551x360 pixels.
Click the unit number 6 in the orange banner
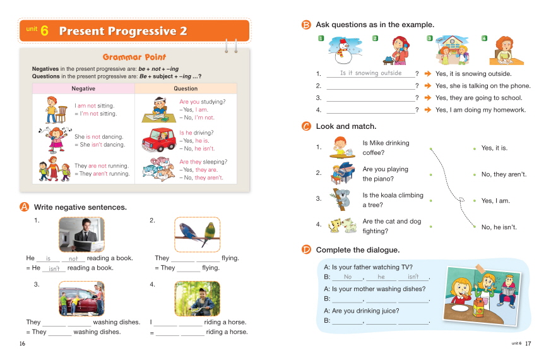pos(44,31)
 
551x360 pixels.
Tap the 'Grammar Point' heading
pos(134,57)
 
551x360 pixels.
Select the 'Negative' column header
pos(83,88)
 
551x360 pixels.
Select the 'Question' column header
pos(186,88)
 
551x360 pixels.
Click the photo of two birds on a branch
pos(196,234)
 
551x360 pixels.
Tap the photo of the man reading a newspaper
pos(81,234)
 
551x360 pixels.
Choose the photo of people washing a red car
pos(81,298)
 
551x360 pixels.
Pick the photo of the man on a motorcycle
pos(196,298)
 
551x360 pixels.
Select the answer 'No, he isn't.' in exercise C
pos(499,227)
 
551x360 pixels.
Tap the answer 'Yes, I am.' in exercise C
pos(495,201)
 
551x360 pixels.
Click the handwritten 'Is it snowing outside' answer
pos(370,73)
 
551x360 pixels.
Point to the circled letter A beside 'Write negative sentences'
pos(25,207)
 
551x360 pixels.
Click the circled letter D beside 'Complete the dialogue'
pos(307,249)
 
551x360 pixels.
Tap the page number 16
pos(23,343)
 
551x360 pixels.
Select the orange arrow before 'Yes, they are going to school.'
pos(427,98)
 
